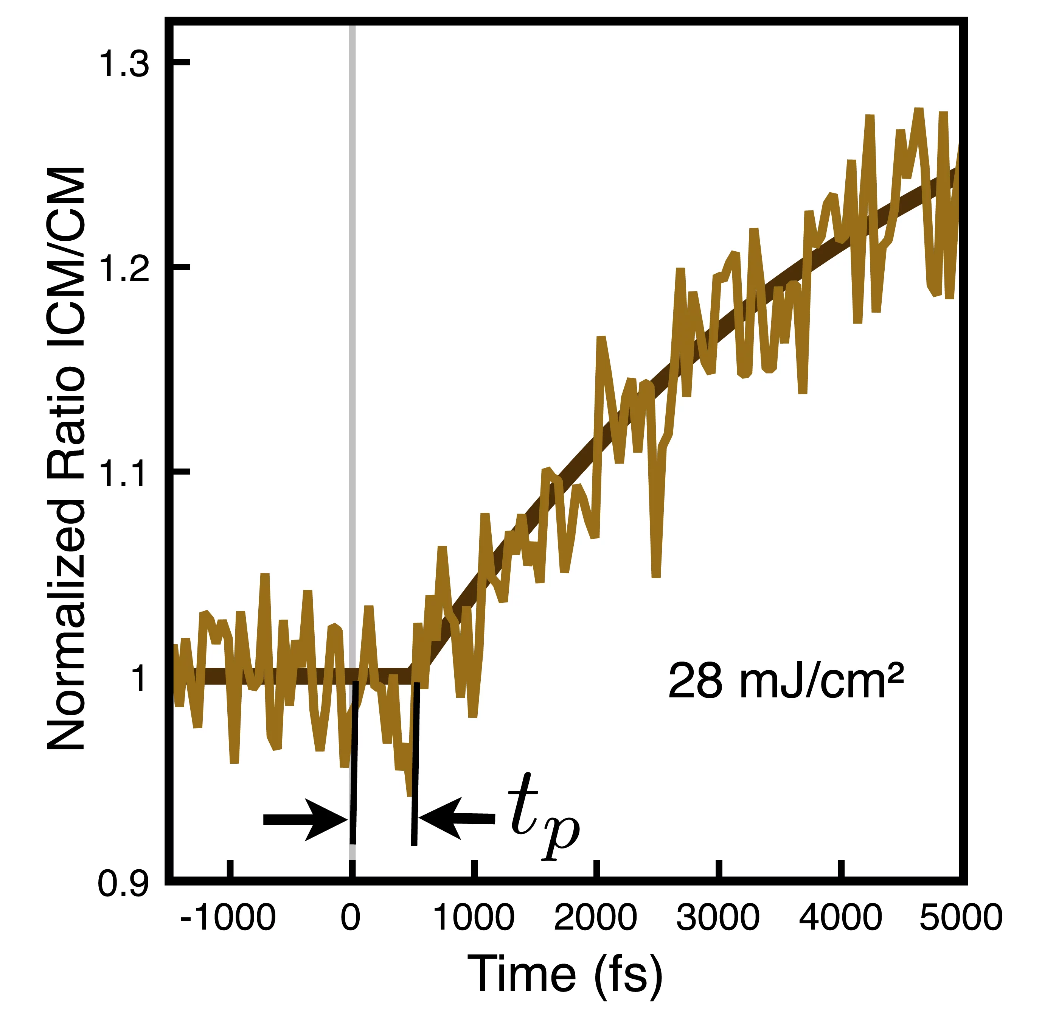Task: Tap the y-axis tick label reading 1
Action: [x=139, y=677]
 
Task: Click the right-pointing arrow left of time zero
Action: [x=305, y=820]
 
